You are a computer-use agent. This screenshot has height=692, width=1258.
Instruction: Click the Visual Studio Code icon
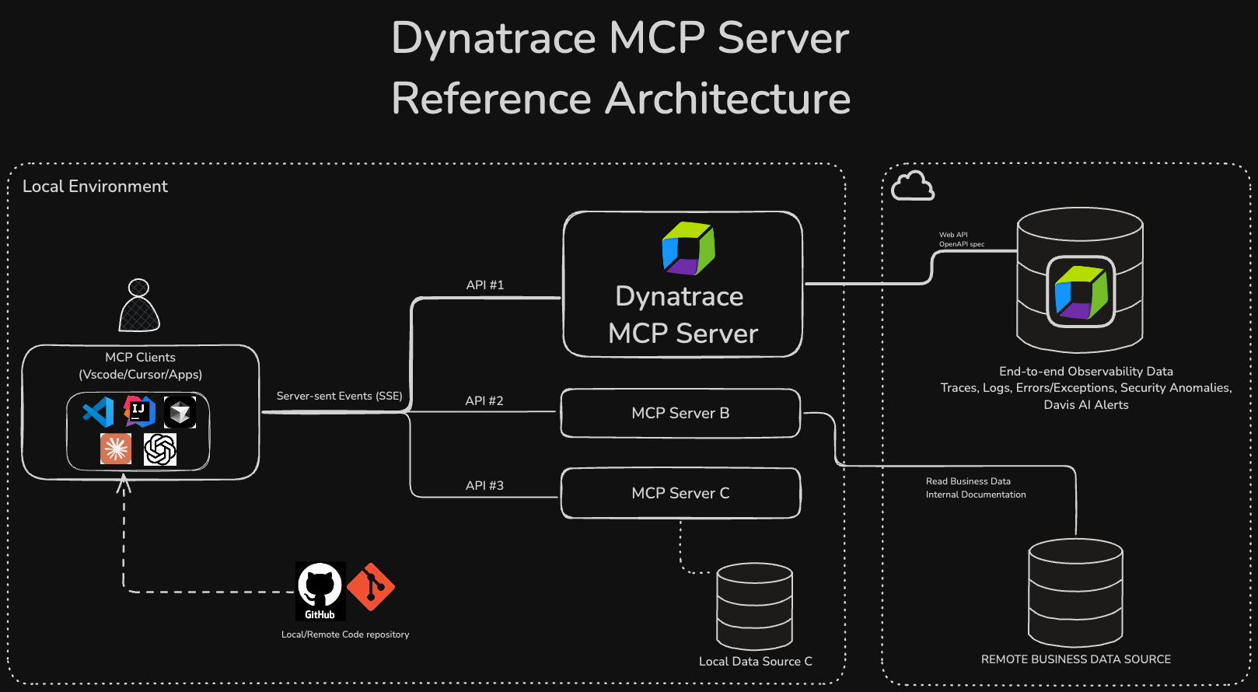pos(99,412)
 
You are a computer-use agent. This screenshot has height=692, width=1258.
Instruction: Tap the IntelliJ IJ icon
pos(139,411)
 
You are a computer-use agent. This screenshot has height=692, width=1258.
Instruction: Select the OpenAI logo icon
pos(160,449)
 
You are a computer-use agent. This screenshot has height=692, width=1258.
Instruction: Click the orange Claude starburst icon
pos(116,449)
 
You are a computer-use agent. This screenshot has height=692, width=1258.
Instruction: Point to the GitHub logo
pos(320,590)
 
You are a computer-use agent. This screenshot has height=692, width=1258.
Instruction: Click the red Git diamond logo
pos(371,587)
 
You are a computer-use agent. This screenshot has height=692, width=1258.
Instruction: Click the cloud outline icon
pos(912,186)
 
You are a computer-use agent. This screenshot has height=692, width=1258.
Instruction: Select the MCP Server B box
pos(680,413)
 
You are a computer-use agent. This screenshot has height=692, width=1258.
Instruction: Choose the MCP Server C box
pos(680,493)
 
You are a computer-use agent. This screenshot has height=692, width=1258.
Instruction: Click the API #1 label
pos(485,285)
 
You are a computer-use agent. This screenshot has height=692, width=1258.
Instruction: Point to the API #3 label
pos(484,485)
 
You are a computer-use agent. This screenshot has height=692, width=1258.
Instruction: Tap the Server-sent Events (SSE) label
pos(339,396)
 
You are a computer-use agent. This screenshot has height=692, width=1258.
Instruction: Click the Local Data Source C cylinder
pos(754,606)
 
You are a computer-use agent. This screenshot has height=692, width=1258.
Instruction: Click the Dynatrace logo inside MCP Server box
pos(688,249)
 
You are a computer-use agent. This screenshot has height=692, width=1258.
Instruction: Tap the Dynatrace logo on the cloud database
pos(1081,292)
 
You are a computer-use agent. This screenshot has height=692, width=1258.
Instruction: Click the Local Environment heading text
pos(95,187)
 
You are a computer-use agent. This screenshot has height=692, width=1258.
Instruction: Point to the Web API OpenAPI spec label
pos(961,239)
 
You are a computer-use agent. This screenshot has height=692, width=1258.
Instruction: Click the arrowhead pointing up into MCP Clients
pos(124,484)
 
